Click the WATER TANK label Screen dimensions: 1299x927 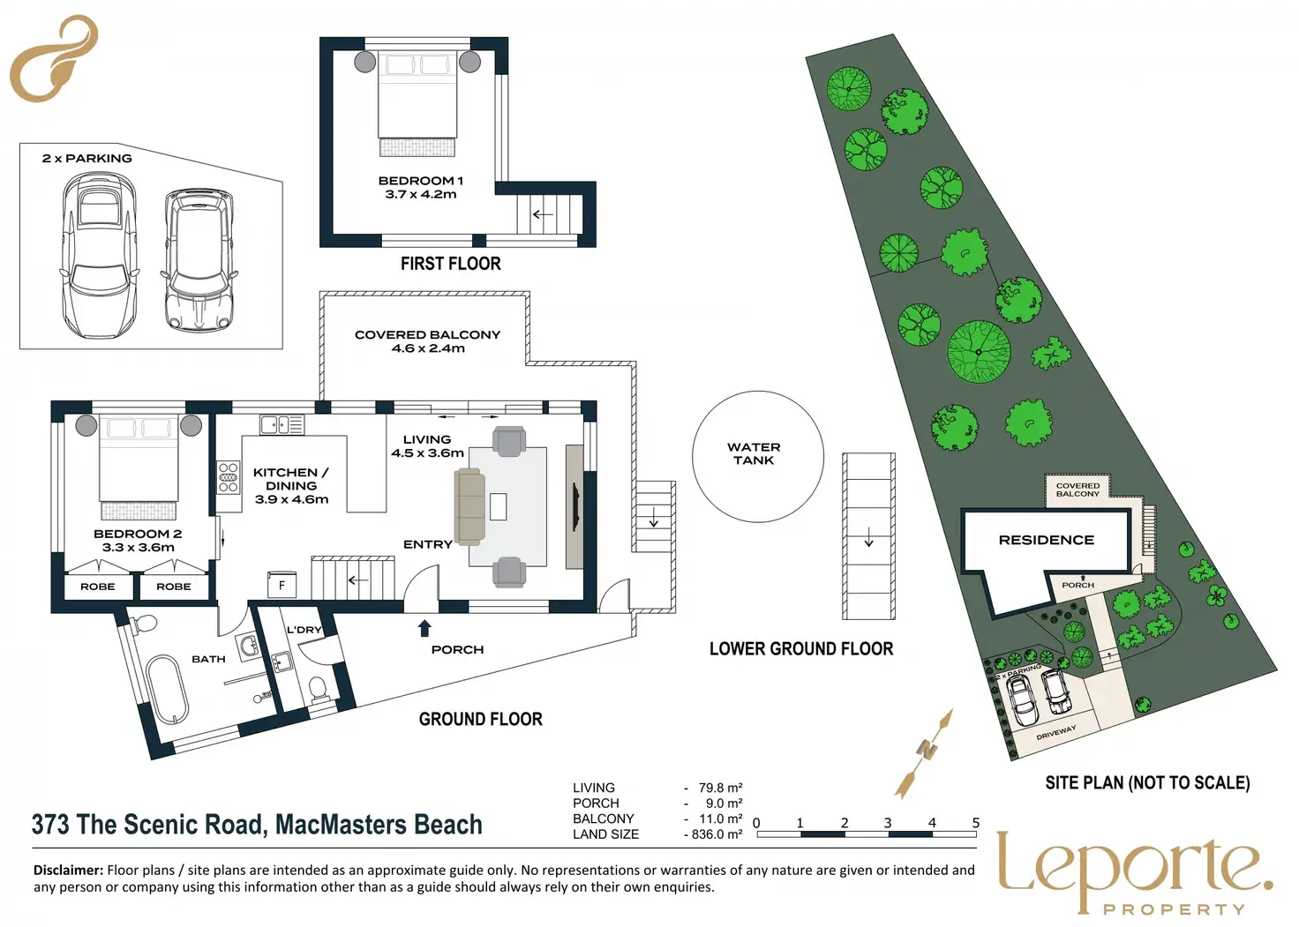(x=754, y=454)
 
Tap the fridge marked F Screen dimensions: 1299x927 (x=282, y=585)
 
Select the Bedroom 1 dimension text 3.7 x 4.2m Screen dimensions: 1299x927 (x=420, y=194)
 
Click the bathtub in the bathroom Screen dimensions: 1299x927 (x=167, y=690)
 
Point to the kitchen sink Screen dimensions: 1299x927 (x=282, y=424)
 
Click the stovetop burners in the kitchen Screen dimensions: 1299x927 (x=228, y=476)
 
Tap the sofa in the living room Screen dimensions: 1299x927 (x=469, y=507)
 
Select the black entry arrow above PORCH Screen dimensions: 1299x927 (x=424, y=628)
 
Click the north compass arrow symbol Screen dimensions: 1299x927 (x=923, y=752)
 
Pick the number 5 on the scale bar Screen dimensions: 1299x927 (x=976, y=823)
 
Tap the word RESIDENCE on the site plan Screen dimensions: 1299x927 (x=1047, y=540)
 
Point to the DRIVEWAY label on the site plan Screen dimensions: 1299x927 (x=1056, y=732)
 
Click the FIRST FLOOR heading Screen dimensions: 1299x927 (x=451, y=264)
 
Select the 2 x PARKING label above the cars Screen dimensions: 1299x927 (x=87, y=158)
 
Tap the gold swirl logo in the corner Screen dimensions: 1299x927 (x=53, y=58)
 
